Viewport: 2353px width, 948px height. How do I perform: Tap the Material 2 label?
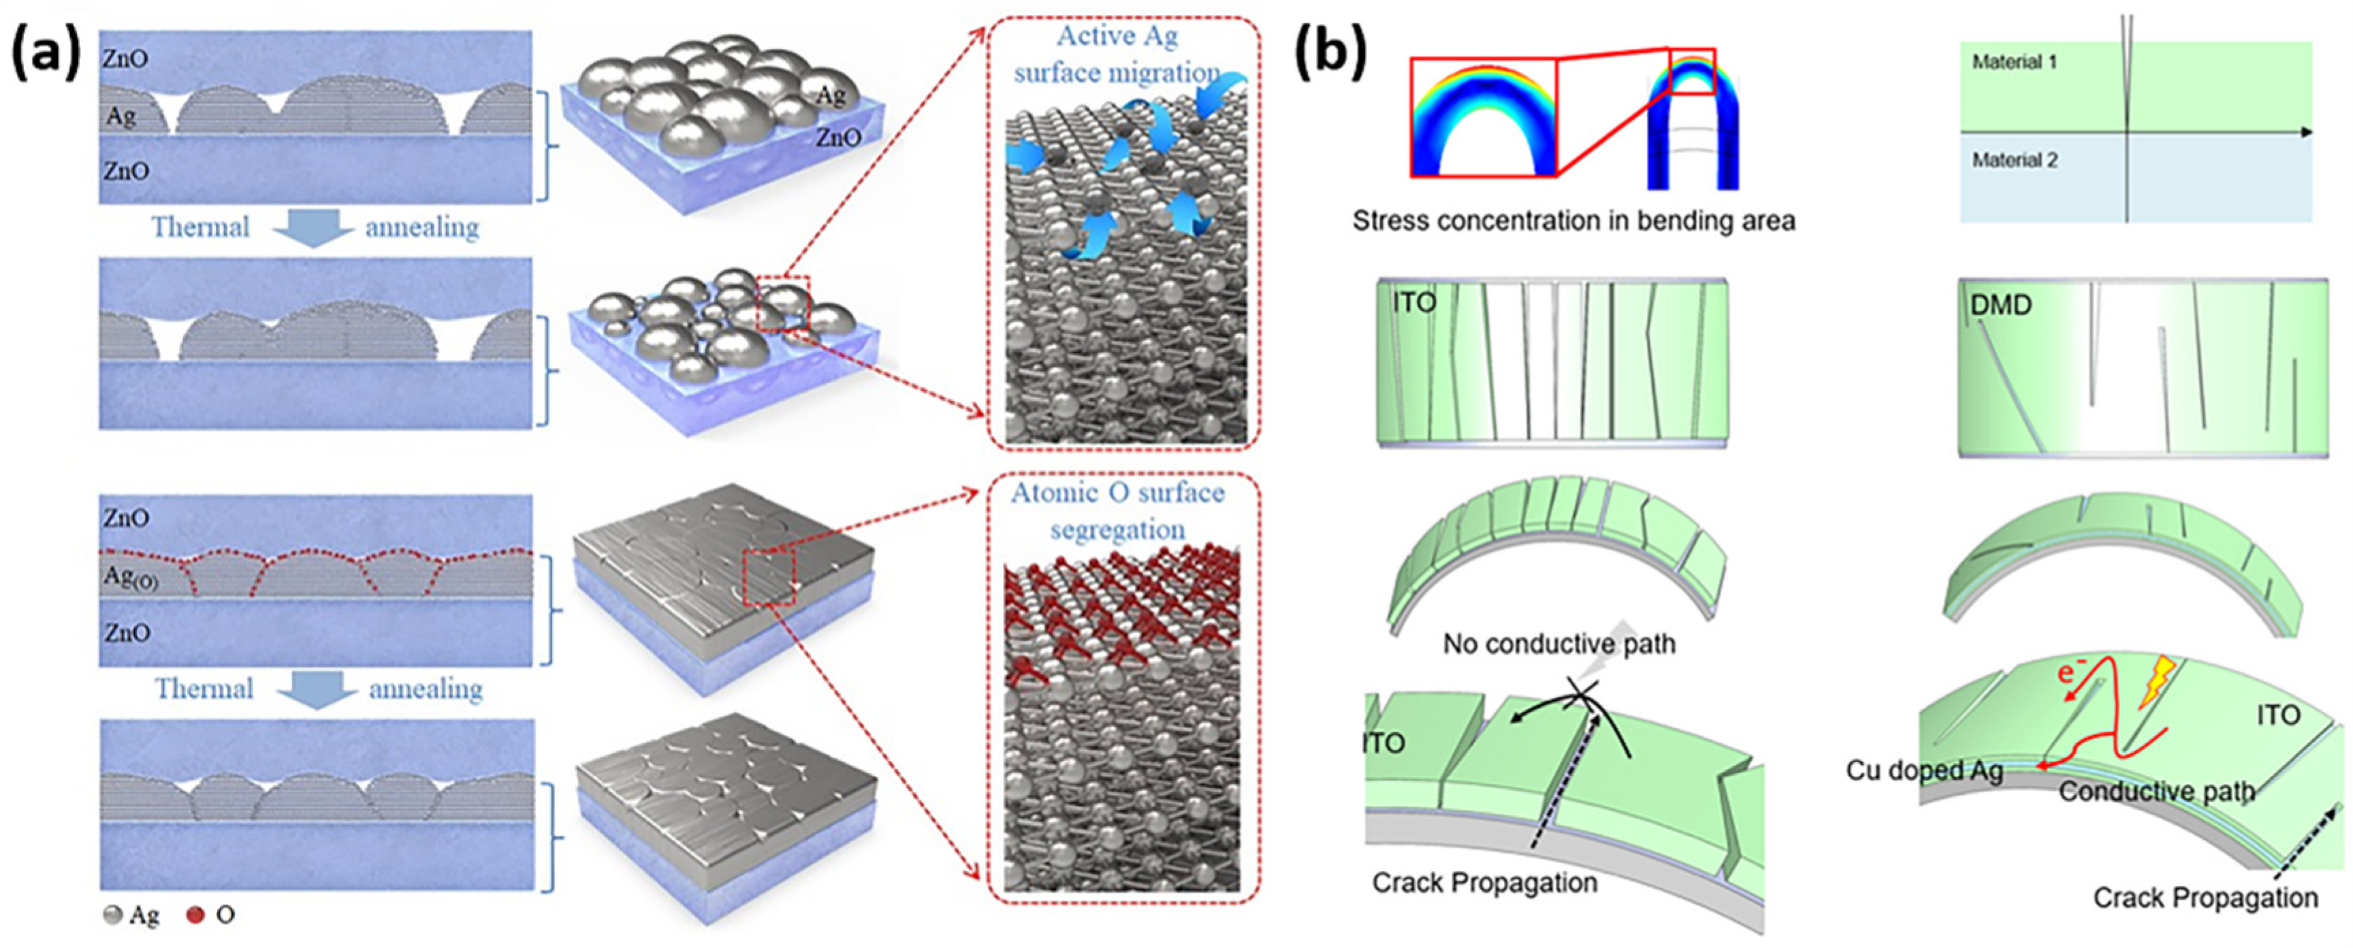click(x=2014, y=161)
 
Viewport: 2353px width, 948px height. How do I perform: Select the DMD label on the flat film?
click(x=2000, y=305)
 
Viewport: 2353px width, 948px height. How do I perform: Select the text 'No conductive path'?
click(x=1558, y=644)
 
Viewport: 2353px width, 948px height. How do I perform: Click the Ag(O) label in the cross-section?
click(x=131, y=577)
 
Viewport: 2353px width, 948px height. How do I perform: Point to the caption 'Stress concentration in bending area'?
click(x=1573, y=221)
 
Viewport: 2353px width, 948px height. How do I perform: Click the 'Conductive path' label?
click(x=2156, y=791)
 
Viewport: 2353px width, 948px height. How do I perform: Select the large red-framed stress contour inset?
click(x=1482, y=118)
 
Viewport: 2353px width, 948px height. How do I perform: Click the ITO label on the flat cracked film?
click(x=1414, y=302)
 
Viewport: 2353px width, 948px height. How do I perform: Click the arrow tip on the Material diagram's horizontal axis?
click(x=2307, y=133)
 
